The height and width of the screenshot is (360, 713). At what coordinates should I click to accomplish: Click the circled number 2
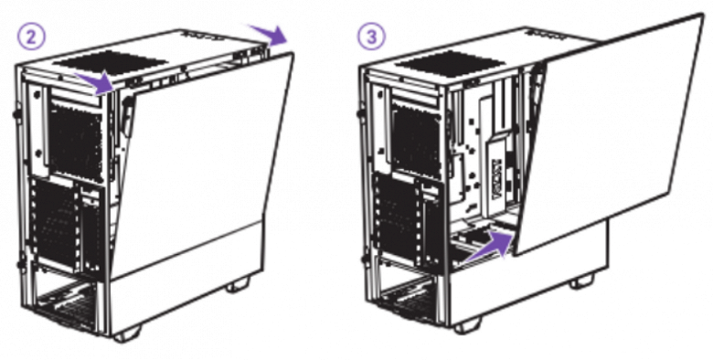pos(31,37)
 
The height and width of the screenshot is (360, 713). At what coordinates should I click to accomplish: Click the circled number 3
pos(371,36)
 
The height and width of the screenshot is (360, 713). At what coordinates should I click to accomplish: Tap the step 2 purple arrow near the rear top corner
pos(94,82)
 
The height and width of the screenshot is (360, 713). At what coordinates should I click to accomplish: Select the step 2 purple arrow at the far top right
pos(268,35)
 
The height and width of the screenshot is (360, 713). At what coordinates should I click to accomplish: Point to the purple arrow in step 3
pos(493,244)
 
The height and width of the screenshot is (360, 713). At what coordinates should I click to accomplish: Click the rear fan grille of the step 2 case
pos(76,140)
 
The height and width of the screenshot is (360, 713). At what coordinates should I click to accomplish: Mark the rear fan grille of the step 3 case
pos(417,140)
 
